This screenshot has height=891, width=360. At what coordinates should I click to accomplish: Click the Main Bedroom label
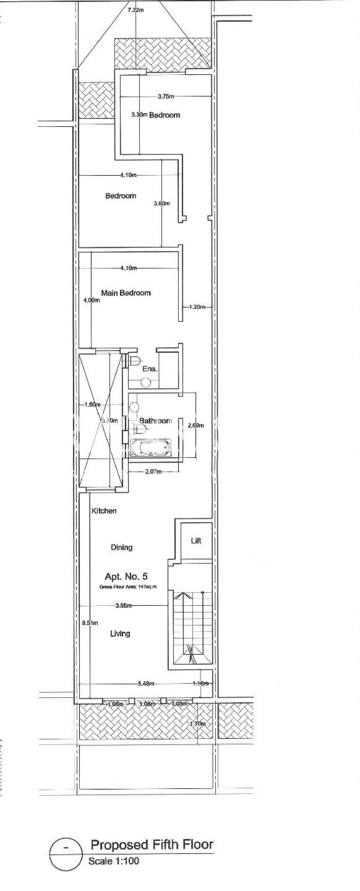126,293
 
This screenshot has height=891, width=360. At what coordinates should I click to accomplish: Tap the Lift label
196,540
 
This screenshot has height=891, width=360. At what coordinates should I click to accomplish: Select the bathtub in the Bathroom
151,448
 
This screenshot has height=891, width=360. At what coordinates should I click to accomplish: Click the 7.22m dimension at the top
136,10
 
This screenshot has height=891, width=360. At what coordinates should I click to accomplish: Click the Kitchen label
104,511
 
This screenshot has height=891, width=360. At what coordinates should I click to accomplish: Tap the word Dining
122,547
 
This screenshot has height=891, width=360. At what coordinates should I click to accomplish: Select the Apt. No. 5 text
126,576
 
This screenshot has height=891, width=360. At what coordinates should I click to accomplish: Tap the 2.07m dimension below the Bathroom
153,472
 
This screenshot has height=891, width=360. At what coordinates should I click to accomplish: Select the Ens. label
149,369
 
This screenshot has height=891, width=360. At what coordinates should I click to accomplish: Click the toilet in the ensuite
135,360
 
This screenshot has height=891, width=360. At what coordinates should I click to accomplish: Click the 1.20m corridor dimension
197,307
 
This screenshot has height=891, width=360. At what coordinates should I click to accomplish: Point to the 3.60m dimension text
162,203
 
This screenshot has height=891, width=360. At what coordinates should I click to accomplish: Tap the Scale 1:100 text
114,861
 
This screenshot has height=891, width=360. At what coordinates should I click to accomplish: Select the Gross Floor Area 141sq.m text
128,586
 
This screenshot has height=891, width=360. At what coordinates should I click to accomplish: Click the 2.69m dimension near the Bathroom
196,425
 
